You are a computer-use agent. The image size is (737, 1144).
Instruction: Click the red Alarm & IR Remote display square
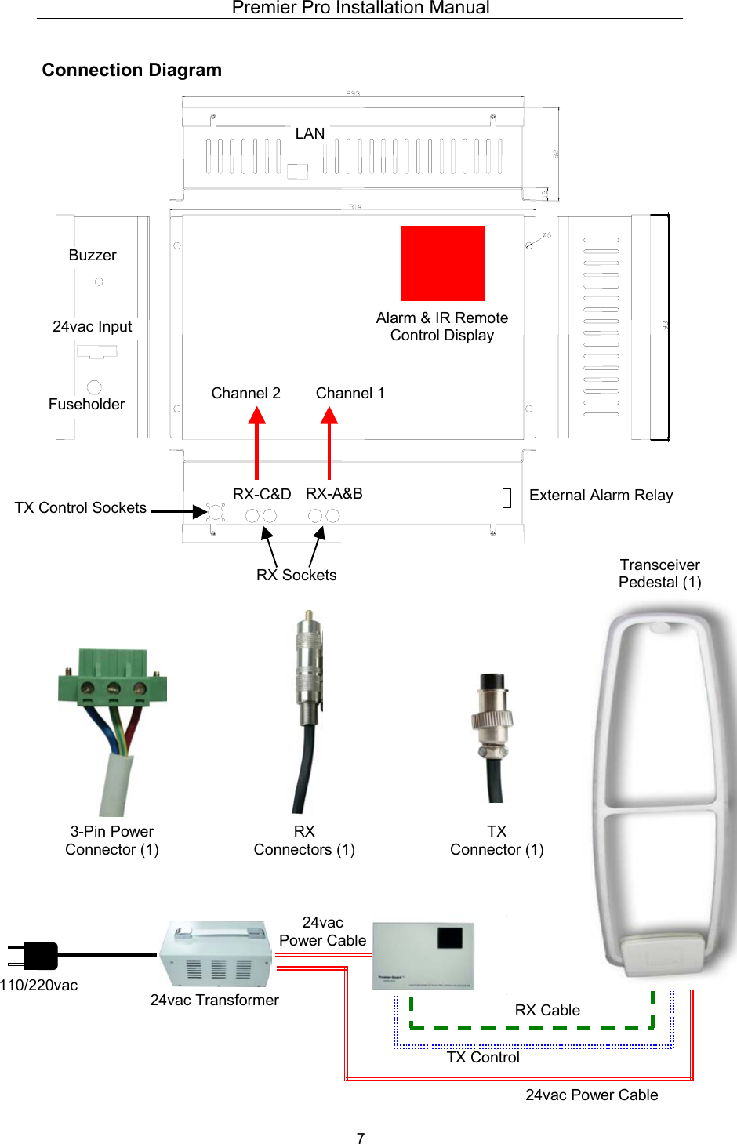[x=442, y=263]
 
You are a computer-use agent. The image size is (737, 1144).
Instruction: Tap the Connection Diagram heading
[x=132, y=70]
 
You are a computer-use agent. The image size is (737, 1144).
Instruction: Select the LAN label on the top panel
[x=310, y=133]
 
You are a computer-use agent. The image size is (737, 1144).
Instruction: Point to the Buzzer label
[x=93, y=255]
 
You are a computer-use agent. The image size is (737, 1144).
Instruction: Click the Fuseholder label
[x=86, y=404]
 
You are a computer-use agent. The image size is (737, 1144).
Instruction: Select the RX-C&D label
[x=262, y=494]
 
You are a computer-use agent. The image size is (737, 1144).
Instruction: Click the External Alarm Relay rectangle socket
[x=506, y=498]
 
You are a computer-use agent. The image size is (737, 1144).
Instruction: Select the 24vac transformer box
[x=216, y=954]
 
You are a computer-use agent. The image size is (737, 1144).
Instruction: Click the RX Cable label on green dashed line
[x=547, y=1010]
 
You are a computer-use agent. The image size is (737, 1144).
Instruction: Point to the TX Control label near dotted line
[x=483, y=1057]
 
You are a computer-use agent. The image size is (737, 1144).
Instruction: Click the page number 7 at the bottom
[x=361, y=1138]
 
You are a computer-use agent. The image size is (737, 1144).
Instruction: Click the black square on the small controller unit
[x=450, y=938]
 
